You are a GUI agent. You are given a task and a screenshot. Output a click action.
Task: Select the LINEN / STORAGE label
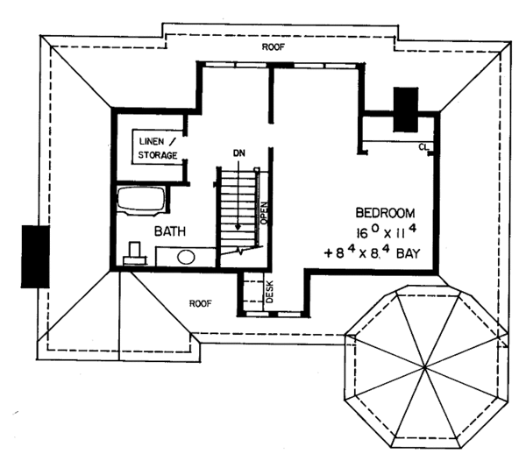click(158, 148)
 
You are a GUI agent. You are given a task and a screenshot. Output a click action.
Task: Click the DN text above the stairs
click(238, 154)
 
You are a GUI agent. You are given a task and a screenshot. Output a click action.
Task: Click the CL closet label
click(423, 146)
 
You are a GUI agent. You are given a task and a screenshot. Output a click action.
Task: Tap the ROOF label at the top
click(274, 46)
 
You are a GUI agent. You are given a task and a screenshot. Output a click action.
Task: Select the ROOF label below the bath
click(201, 303)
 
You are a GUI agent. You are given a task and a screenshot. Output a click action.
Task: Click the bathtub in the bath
click(141, 199)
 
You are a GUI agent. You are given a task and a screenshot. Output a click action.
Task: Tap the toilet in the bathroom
click(134, 253)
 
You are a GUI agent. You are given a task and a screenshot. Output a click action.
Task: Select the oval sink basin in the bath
click(185, 258)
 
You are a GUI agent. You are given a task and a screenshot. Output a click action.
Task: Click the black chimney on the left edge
click(34, 256)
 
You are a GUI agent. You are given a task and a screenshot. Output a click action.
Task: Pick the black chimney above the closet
click(406, 109)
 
